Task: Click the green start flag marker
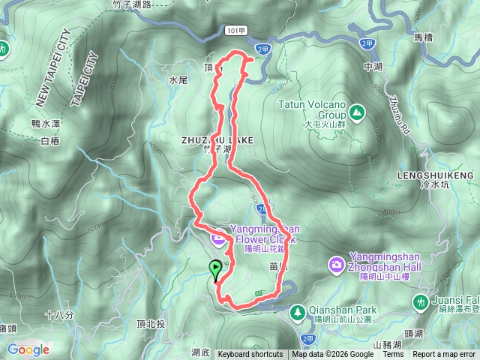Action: [216, 268]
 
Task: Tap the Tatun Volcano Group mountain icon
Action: [358, 112]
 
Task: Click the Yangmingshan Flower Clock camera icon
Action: [218, 238]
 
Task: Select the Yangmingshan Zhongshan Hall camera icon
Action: [336, 264]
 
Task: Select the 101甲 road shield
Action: [234, 28]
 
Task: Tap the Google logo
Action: [28, 349]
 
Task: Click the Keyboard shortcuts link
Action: [250, 355]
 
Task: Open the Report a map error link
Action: [444, 355]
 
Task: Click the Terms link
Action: [393, 355]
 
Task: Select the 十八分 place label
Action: [58, 315]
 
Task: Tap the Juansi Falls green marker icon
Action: [421, 301]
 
